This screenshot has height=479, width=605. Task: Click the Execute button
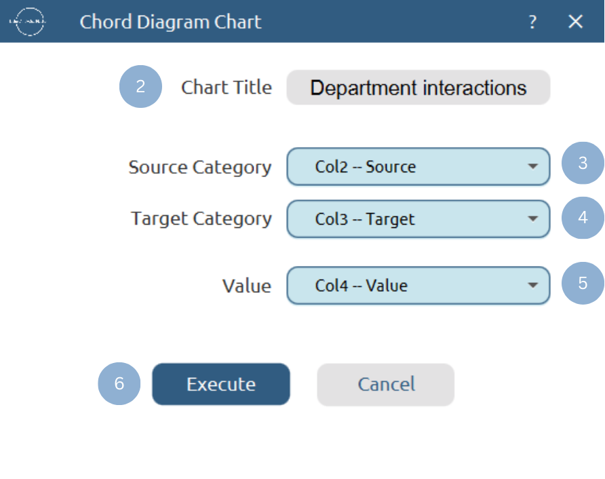220,384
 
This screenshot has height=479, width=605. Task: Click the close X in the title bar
575,22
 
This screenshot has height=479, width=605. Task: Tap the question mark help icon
532,22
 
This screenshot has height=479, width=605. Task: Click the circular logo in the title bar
27,22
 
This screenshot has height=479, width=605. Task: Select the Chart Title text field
418,88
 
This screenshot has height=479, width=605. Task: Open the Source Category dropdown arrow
533,166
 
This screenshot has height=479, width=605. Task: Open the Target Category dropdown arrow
533,218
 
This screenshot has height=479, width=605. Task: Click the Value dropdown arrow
533,285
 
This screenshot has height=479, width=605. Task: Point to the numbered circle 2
140,87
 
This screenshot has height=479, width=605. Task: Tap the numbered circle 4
583,217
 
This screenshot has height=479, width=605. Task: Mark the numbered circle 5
583,283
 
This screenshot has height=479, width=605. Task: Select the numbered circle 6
119,383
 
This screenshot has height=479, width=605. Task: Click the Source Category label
200,167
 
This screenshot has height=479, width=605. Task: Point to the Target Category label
201,218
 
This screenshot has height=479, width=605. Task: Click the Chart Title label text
227,88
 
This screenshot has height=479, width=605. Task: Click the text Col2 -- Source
366,166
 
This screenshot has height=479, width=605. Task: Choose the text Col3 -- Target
365,218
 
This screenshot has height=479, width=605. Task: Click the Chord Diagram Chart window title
170,22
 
